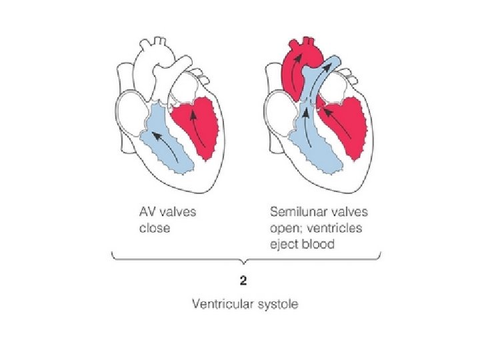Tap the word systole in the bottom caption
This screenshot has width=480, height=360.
[277, 305]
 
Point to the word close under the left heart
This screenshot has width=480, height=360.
[155, 228]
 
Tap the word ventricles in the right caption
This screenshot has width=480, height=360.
[340, 228]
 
